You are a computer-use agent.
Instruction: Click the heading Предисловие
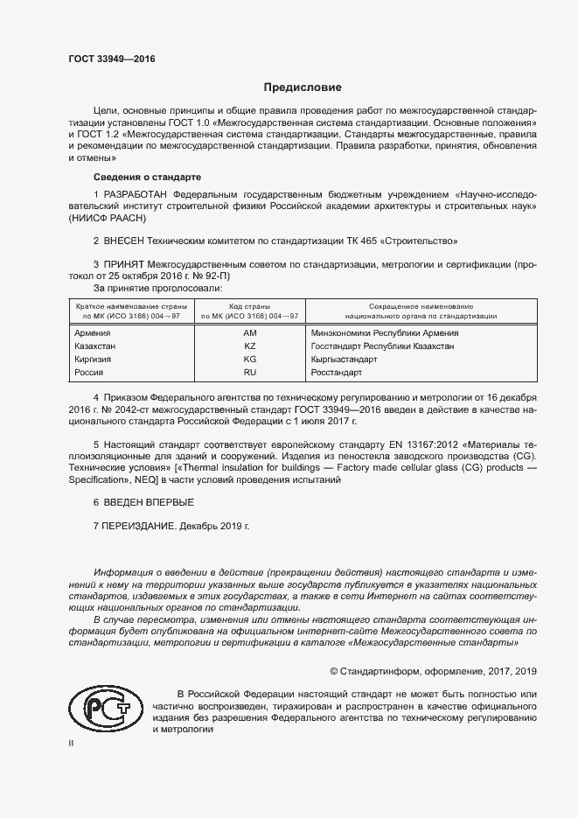(303, 88)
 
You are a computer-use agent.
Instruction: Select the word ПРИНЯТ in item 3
(123, 263)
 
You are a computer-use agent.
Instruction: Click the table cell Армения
(93, 333)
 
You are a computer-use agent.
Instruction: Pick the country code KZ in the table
(249, 346)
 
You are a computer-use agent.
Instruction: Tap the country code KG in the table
(249, 360)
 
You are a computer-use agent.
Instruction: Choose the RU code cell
(249, 373)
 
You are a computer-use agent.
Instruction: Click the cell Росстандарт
(336, 373)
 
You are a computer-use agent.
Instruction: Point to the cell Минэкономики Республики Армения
(384, 333)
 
